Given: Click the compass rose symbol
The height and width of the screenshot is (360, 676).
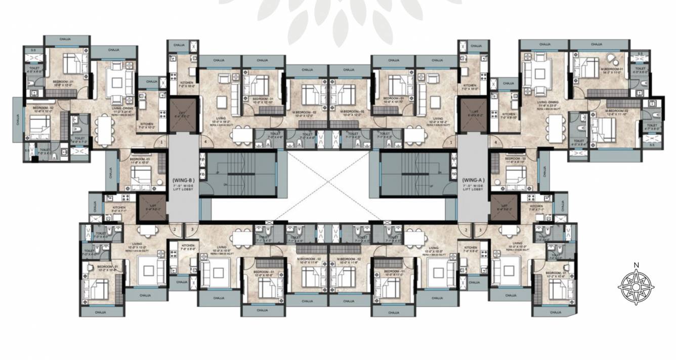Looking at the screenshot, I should point(637,287).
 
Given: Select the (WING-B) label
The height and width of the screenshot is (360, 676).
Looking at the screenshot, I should point(184,180).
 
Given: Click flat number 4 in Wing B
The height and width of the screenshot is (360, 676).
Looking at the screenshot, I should point(205,143).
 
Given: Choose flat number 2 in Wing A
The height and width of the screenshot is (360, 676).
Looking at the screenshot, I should point(465,229).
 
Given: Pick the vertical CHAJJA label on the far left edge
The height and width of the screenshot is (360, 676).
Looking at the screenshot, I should point(18,120).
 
